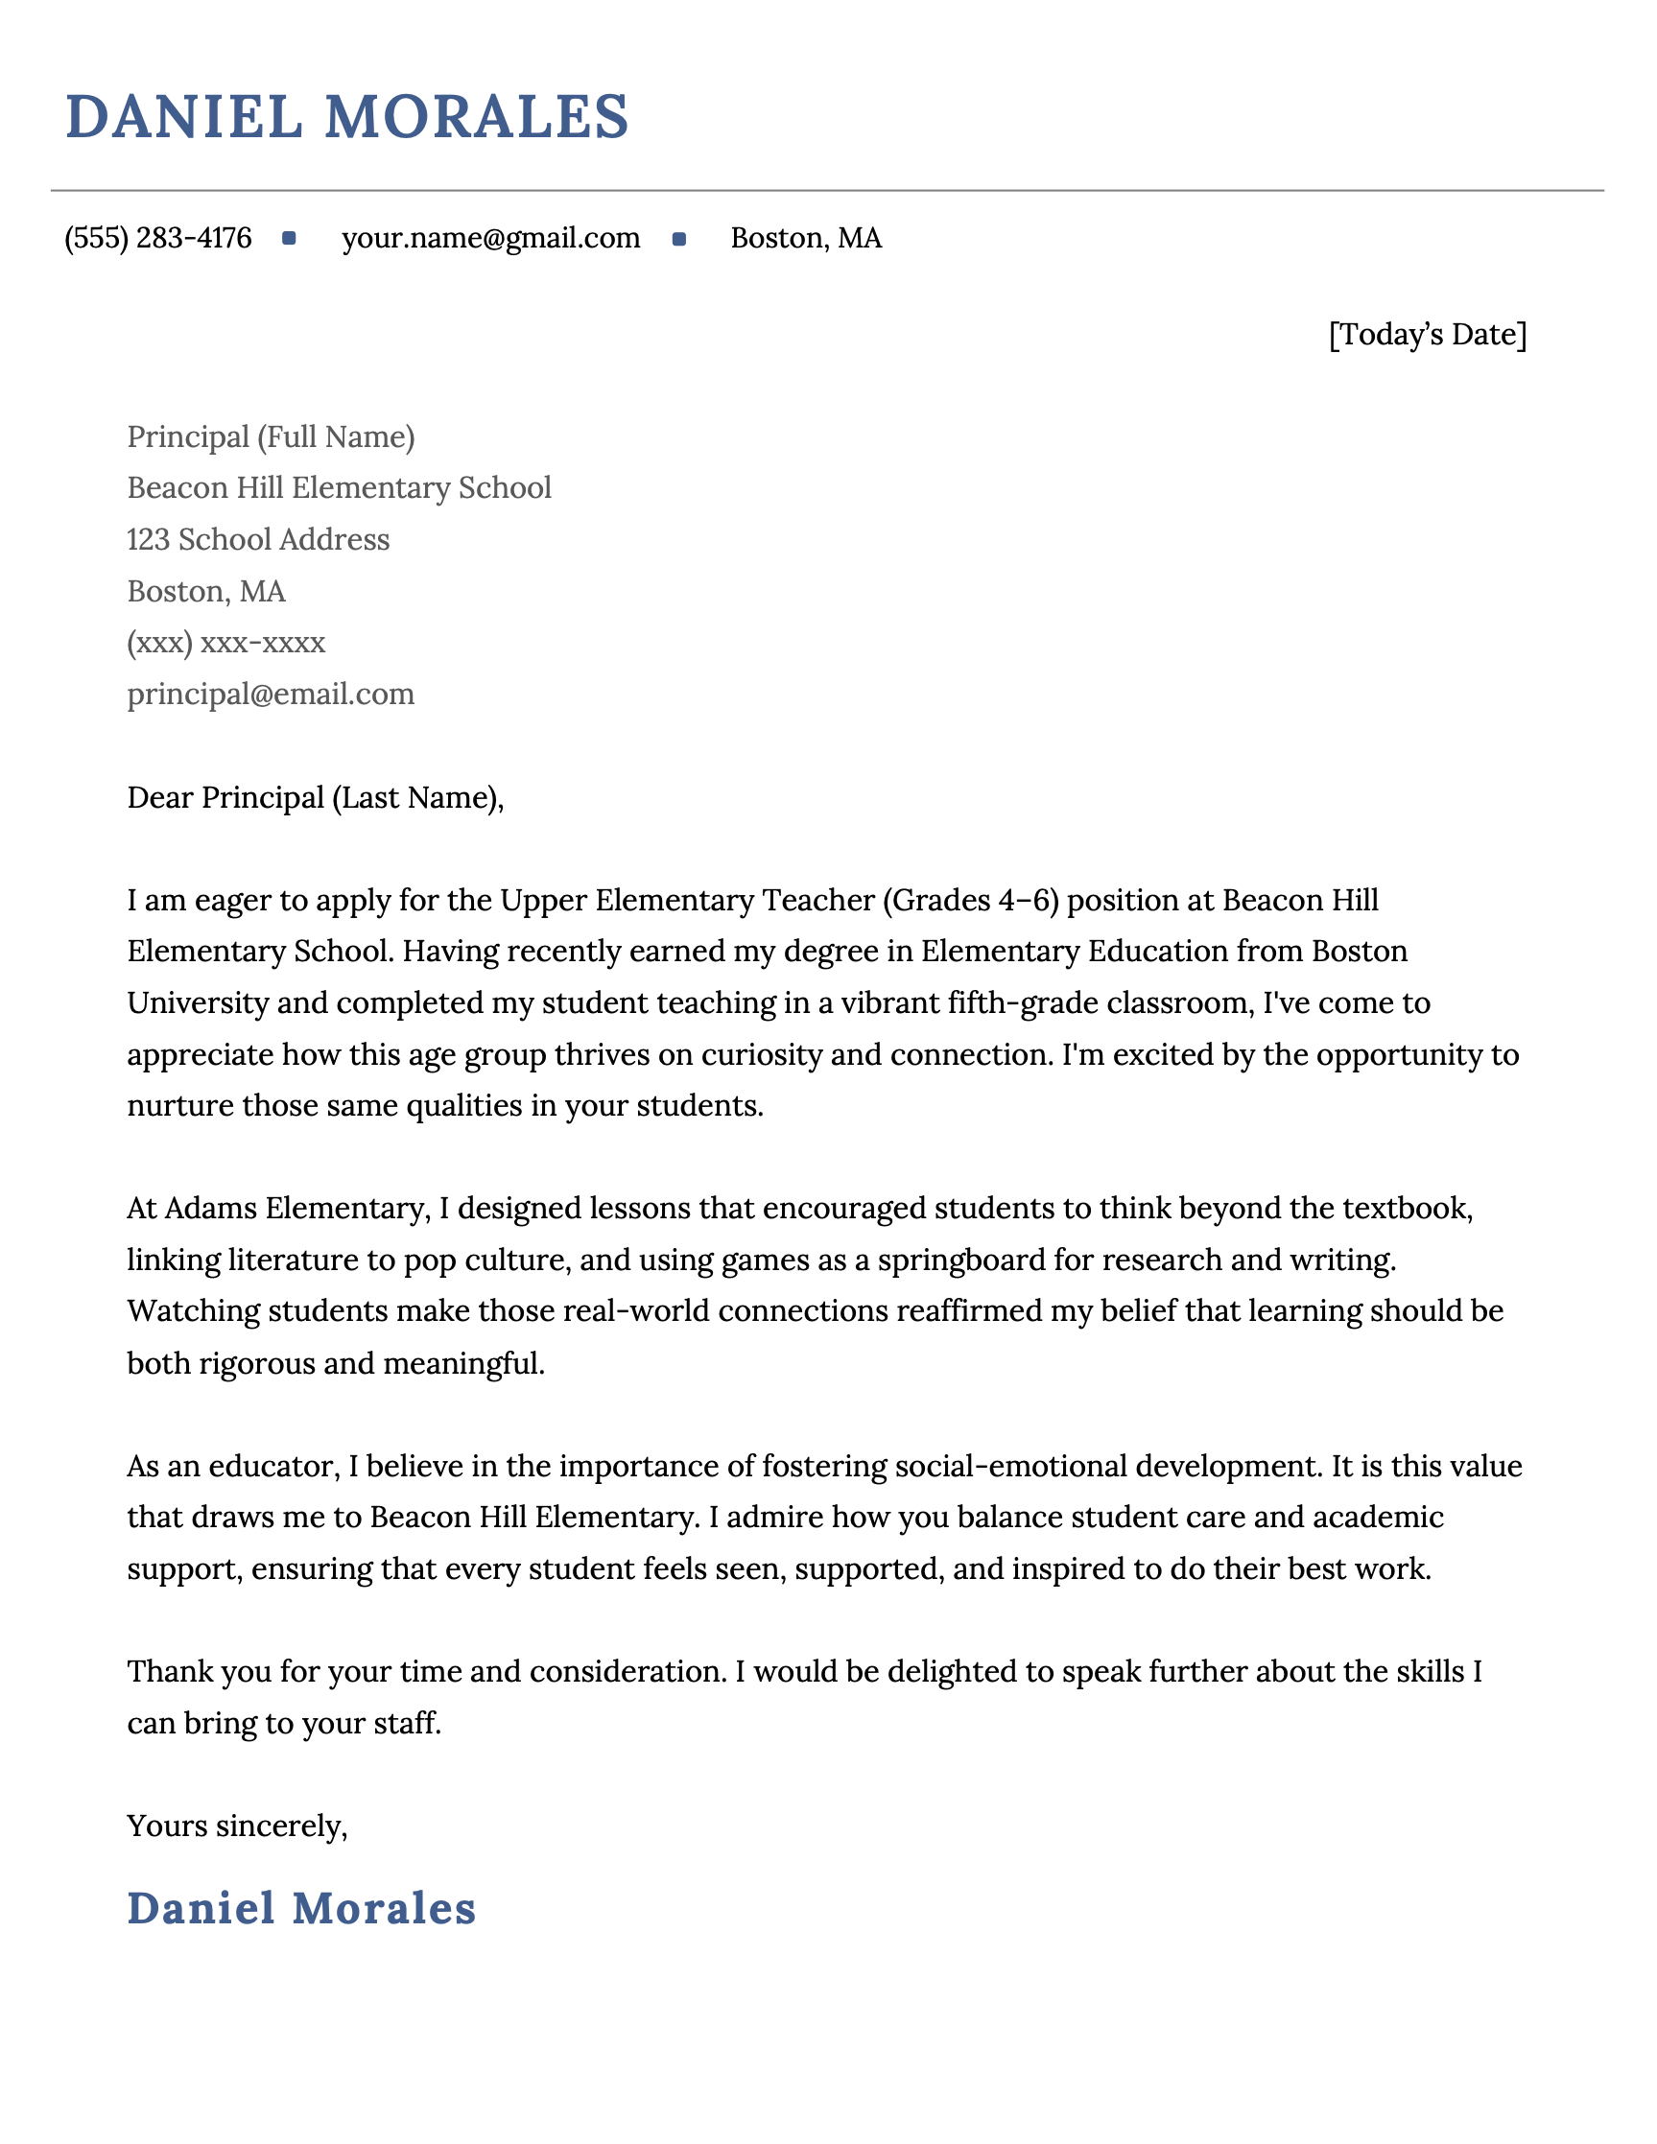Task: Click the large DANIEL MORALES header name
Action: click(346, 117)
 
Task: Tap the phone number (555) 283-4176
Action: click(158, 239)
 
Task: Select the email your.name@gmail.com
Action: click(491, 239)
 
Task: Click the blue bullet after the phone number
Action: click(289, 239)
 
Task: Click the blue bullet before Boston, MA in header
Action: click(679, 239)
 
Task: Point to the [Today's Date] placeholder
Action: click(1428, 335)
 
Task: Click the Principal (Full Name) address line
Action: click(271, 436)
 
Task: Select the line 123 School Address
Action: click(258, 540)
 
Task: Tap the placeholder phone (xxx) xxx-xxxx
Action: click(225, 643)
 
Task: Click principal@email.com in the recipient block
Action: click(271, 695)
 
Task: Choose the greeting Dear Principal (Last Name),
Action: click(315, 798)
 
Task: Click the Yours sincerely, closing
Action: click(238, 1826)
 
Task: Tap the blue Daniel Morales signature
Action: click(301, 1909)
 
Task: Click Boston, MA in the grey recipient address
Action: click(206, 592)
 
